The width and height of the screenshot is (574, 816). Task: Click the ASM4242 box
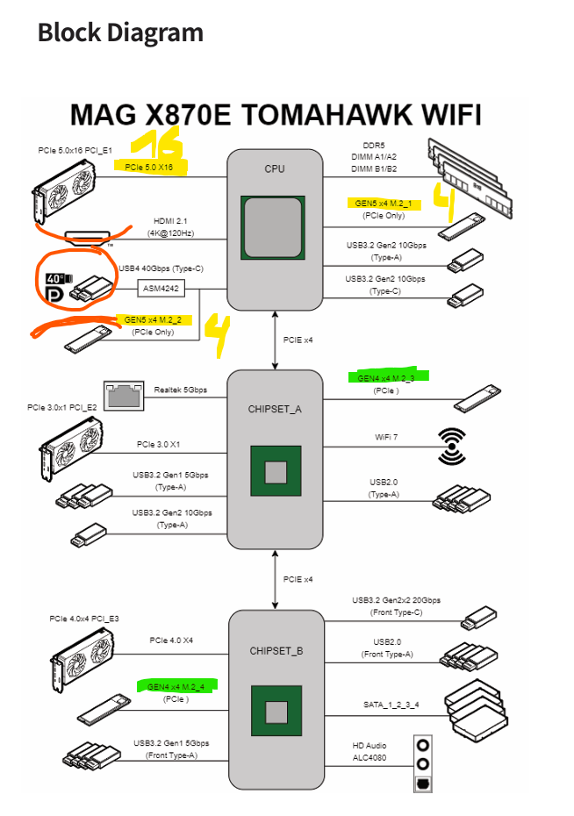click(161, 288)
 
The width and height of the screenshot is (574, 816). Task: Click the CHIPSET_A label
click(276, 408)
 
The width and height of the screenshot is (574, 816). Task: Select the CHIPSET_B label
click(276, 651)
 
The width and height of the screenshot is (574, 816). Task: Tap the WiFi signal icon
click(453, 446)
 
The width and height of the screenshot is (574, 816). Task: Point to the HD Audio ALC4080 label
click(370, 752)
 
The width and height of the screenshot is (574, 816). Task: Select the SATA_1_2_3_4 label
click(391, 705)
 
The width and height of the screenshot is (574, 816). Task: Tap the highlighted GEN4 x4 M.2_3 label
click(386, 378)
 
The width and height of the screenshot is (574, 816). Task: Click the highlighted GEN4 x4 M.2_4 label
click(176, 686)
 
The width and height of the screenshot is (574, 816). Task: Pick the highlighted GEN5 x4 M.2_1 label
click(384, 203)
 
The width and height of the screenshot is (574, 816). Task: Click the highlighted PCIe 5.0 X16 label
click(149, 167)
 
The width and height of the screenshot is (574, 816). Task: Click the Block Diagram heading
click(120, 32)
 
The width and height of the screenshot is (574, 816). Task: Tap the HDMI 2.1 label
click(169, 220)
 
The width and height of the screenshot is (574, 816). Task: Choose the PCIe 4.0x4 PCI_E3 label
click(84, 619)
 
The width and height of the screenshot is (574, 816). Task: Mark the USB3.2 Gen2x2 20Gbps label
click(396, 600)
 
